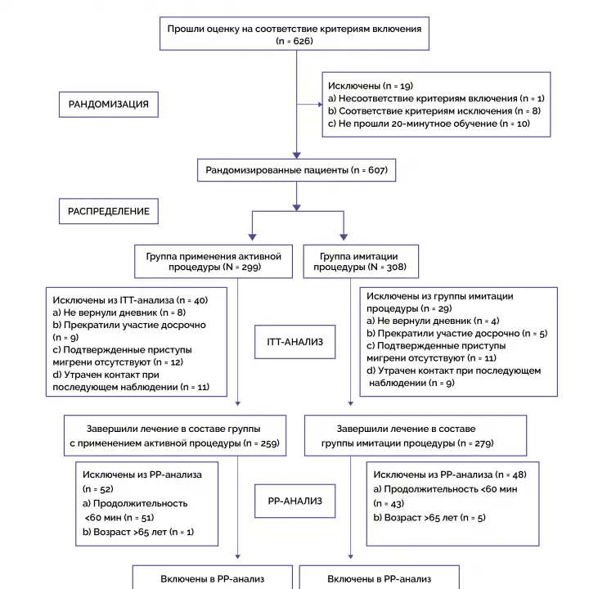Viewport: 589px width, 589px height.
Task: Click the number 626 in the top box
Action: pyautogui.click(x=303, y=41)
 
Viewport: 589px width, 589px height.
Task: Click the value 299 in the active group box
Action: pyautogui.click(x=250, y=267)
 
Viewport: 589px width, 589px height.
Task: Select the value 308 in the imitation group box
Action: pyautogui.click(x=396, y=267)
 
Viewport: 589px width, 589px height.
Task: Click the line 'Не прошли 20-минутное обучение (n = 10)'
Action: pyautogui.click(x=429, y=124)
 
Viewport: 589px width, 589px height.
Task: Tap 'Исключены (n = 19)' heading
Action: pyautogui.click(x=371, y=86)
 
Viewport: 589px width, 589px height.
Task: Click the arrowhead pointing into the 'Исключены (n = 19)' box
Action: pyautogui.click(x=320, y=105)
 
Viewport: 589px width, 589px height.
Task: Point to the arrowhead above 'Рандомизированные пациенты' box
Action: pyautogui.click(x=296, y=155)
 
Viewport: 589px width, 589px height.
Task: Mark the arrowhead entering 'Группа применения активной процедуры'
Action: pyautogui.click(x=253, y=237)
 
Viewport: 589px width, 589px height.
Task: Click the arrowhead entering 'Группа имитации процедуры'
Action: pyautogui.click(x=344, y=237)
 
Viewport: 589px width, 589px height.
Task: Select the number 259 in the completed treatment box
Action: pyautogui.click(x=269, y=443)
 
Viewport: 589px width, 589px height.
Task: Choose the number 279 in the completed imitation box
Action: pyautogui.click(x=483, y=443)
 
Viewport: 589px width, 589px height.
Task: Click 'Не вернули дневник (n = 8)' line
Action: pyautogui.click(x=119, y=312)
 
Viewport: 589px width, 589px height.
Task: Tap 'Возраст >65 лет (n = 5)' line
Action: pyautogui.click(x=429, y=518)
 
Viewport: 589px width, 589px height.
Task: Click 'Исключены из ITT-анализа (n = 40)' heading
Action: pyautogui.click(x=130, y=300)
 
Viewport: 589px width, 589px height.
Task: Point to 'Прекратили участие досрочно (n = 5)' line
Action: pyautogui.click(x=456, y=333)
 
